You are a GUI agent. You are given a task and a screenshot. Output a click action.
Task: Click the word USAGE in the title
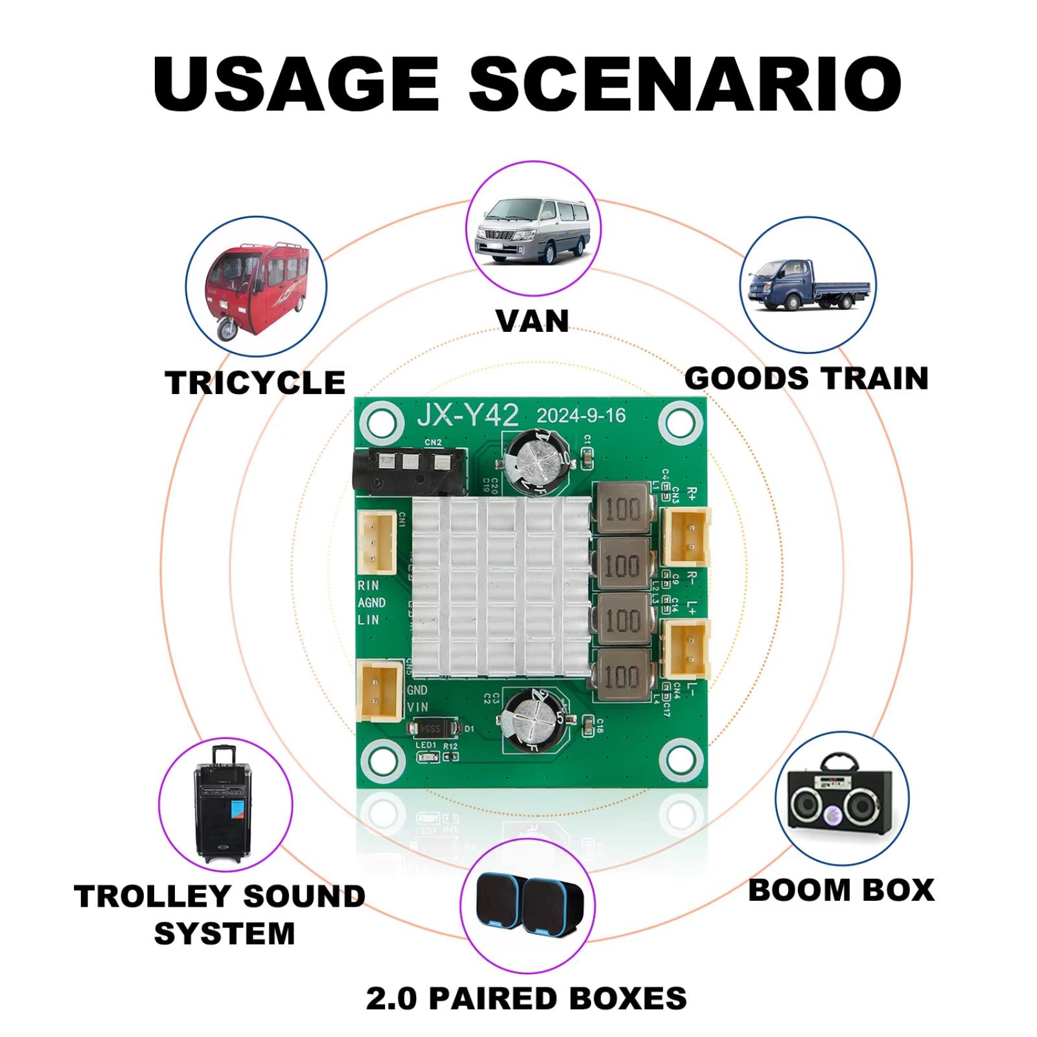[x=296, y=84]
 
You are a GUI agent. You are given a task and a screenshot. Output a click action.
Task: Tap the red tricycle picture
[x=256, y=287]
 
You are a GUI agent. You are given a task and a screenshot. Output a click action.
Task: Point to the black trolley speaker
[x=224, y=804]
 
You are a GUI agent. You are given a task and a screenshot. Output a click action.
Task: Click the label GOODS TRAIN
[x=806, y=379]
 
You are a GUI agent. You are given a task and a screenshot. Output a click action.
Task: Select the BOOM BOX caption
[x=841, y=890]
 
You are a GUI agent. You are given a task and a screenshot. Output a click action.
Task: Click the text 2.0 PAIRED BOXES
[x=526, y=998]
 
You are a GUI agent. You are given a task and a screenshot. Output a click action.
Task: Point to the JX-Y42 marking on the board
[x=467, y=415]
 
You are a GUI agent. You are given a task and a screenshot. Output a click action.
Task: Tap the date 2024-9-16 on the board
[x=581, y=415]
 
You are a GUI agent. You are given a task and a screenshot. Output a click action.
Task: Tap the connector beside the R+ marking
[x=686, y=537]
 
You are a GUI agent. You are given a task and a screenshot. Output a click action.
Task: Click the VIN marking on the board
[x=417, y=707]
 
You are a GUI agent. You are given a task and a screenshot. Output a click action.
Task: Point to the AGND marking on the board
[x=371, y=603]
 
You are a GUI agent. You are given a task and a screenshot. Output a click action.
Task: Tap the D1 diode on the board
[x=433, y=729]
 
